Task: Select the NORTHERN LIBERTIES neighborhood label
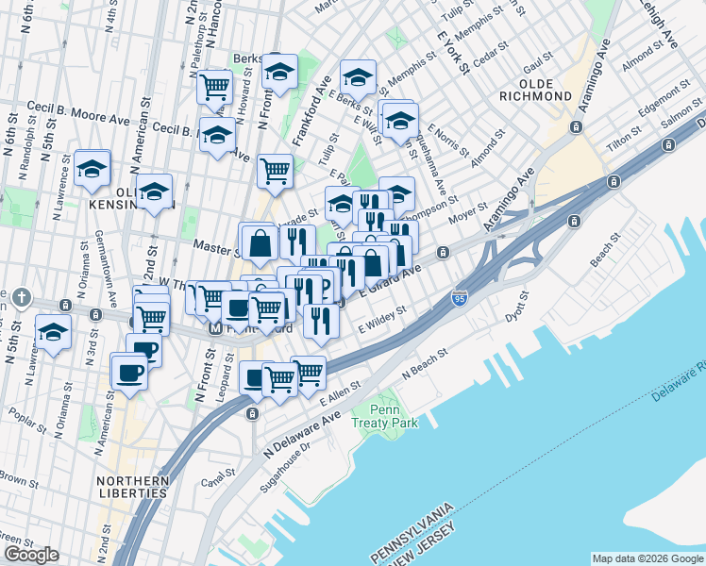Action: click(132, 488)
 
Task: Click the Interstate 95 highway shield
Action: click(460, 297)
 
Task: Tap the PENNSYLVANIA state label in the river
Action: click(412, 534)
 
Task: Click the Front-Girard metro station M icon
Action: click(215, 329)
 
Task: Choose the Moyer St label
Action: click(467, 211)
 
